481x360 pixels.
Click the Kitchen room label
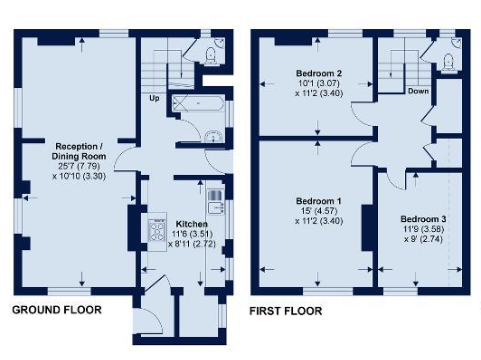192,224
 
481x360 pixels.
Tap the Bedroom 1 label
319,201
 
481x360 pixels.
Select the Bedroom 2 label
319,73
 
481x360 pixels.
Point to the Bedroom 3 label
423,219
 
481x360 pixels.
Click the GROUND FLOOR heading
57,310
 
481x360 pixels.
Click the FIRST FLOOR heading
286,311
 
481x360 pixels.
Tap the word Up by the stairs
154,98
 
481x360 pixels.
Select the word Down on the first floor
418,91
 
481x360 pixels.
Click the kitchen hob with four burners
157,230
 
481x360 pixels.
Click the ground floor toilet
210,55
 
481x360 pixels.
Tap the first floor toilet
448,62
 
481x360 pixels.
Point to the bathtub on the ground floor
199,103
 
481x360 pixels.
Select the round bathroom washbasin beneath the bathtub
213,137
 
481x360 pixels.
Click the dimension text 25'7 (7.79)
78,166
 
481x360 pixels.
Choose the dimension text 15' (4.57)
319,211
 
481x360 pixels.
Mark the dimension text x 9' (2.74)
423,239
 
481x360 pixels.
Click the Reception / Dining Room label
79,151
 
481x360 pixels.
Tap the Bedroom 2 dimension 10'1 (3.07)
319,83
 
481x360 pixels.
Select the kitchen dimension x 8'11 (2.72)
192,244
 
